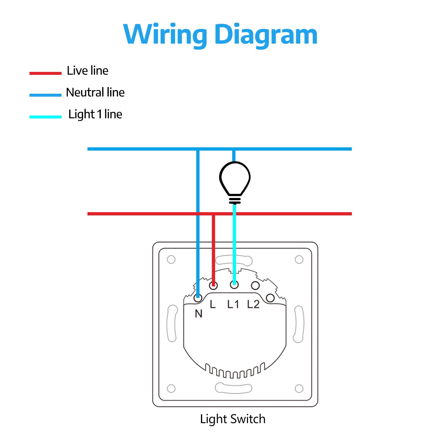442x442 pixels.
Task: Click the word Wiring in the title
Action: (x=165, y=35)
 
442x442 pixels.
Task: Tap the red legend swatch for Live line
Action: (x=45, y=73)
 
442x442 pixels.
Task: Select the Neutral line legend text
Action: (x=95, y=93)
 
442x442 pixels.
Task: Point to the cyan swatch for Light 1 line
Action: (x=45, y=117)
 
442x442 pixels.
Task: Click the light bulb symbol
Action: (x=235, y=178)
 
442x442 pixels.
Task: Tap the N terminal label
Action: (x=199, y=314)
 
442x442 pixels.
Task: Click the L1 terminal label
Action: (x=233, y=304)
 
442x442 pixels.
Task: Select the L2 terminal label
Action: (x=253, y=304)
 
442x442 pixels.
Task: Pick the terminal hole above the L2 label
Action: (x=255, y=285)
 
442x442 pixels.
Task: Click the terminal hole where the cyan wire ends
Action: (x=234, y=285)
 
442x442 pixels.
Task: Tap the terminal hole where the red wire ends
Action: (x=214, y=285)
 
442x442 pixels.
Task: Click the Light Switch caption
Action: (x=232, y=419)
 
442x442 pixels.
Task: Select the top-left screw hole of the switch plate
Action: (x=171, y=260)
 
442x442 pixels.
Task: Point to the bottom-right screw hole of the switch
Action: (x=299, y=388)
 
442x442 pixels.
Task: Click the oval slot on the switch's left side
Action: (x=172, y=323)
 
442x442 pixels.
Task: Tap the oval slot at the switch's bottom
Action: (x=233, y=388)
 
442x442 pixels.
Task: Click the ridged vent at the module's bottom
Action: (x=235, y=371)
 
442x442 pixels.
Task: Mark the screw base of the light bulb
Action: (x=235, y=200)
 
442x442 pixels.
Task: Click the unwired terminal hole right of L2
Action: (x=270, y=298)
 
